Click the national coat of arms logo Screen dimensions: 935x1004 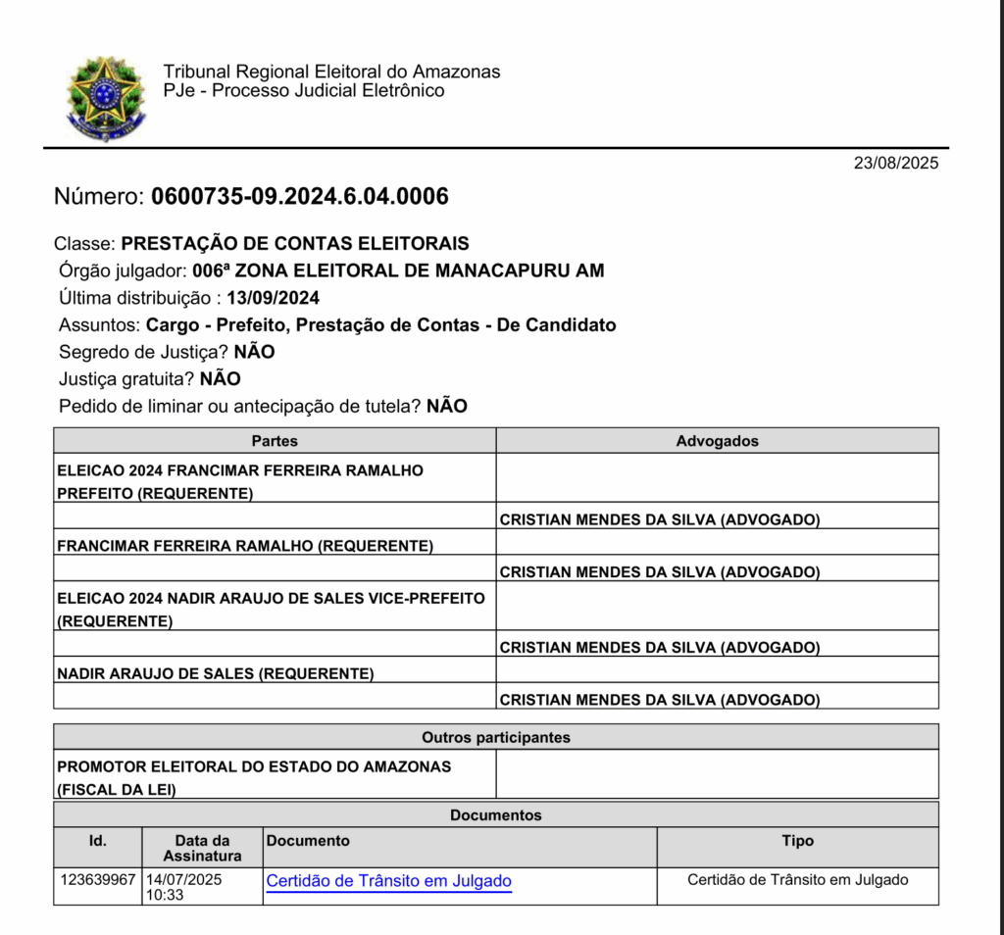tap(105, 98)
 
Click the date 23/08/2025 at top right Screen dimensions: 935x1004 tap(895, 164)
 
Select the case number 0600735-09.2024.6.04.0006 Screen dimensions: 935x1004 tap(299, 197)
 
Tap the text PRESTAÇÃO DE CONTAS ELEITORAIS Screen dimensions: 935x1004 tap(294, 244)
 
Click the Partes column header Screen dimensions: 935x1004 tap(275, 441)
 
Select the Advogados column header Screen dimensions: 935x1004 tap(717, 441)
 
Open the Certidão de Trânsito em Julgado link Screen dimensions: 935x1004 tap(388, 881)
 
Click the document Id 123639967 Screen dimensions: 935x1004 tap(97, 880)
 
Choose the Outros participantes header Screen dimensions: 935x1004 tap(495, 737)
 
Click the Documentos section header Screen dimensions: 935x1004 tap(495, 814)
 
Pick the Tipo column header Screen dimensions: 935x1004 tap(797, 841)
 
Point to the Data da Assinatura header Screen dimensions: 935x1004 tap(202, 848)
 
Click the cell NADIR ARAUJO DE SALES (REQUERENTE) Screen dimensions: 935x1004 tap(216, 673)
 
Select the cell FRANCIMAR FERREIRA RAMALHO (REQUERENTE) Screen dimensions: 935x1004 tap(245, 545)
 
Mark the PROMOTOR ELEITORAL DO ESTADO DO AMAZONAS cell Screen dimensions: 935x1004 tap(255, 766)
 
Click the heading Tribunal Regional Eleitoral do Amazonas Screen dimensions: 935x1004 tap(331, 72)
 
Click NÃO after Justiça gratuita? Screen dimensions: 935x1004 tap(220, 379)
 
